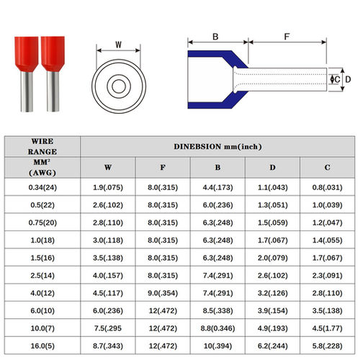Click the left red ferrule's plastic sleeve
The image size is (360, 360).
(27, 54)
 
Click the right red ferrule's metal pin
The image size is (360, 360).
(53, 91)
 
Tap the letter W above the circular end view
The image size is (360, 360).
(118, 45)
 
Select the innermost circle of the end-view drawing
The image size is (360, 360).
(119, 86)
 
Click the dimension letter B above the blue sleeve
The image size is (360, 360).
(215, 37)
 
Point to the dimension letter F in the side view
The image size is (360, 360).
(287, 37)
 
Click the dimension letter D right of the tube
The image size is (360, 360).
(348, 79)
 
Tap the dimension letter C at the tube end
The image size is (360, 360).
(337, 79)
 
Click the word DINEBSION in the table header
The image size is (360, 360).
(197, 146)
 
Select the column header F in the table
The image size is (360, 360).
(163, 167)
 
